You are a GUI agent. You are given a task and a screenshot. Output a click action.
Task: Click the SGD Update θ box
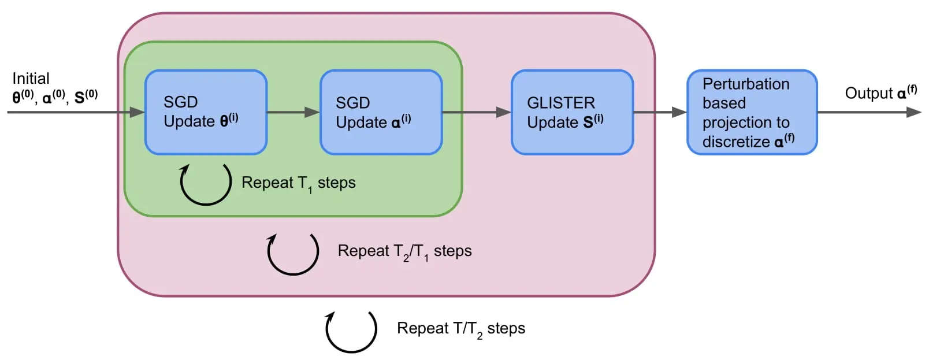click(205, 112)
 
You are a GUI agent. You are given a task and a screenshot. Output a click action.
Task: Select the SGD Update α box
click(381, 112)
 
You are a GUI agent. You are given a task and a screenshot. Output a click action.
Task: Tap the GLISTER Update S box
click(572, 112)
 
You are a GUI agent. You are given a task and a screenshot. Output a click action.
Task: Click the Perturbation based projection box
click(752, 112)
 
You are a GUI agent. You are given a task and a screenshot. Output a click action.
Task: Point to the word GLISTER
click(560, 103)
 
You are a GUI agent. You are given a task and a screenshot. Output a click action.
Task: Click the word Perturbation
click(745, 84)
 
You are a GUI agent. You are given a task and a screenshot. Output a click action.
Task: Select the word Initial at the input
click(31, 79)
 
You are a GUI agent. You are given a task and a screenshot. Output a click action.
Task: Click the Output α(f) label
click(880, 93)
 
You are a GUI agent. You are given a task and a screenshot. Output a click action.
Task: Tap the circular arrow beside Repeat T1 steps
click(206, 184)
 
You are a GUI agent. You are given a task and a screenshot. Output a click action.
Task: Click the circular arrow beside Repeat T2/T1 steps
click(293, 253)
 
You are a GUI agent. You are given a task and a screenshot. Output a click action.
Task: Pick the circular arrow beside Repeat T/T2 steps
click(351, 331)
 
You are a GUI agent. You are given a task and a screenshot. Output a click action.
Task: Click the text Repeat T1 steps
click(298, 183)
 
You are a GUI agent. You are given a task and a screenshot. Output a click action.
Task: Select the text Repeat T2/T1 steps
click(404, 251)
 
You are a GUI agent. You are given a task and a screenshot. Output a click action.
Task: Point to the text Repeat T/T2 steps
click(460, 329)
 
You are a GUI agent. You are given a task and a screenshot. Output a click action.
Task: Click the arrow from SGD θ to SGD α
click(293, 112)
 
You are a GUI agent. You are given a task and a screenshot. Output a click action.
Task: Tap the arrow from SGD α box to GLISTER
click(477, 112)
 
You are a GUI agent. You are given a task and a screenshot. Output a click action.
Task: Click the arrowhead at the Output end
click(914, 112)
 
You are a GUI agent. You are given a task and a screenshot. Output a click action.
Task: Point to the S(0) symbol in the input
click(86, 97)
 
